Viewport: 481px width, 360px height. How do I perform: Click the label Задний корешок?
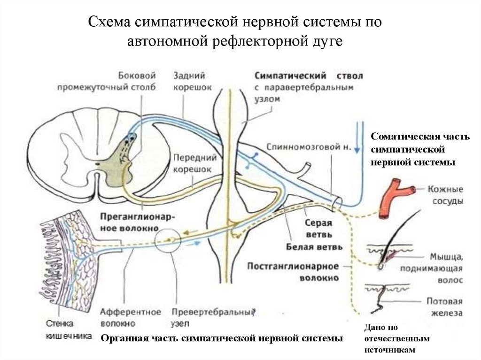click(192, 81)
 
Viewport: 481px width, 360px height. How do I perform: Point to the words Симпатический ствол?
click(309, 76)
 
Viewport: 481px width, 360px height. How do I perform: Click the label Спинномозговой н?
click(308, 146)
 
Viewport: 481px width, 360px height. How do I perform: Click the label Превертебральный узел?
click(213, 317)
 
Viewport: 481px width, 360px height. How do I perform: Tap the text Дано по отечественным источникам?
click(390, 338)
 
